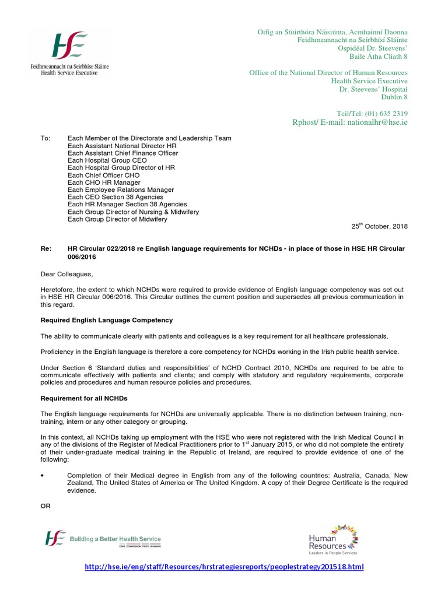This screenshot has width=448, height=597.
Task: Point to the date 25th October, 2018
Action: tap(379, 226)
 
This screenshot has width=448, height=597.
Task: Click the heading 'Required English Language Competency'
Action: tap(106, 320)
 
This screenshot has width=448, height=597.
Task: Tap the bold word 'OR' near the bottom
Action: tap(45, 506)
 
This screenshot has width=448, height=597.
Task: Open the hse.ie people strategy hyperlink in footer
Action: tap(225, 567)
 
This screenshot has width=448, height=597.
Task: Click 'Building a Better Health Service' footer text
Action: tap(115, 539)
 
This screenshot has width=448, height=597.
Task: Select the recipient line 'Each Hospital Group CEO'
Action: tap(107, 160)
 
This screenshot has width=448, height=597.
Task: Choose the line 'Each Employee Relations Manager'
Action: tap(121, 189)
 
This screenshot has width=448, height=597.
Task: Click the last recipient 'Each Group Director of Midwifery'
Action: tap(117, 219)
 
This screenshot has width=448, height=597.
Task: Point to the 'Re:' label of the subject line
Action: tap(44, 249)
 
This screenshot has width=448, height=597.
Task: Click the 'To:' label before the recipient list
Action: tap(45, 138)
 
